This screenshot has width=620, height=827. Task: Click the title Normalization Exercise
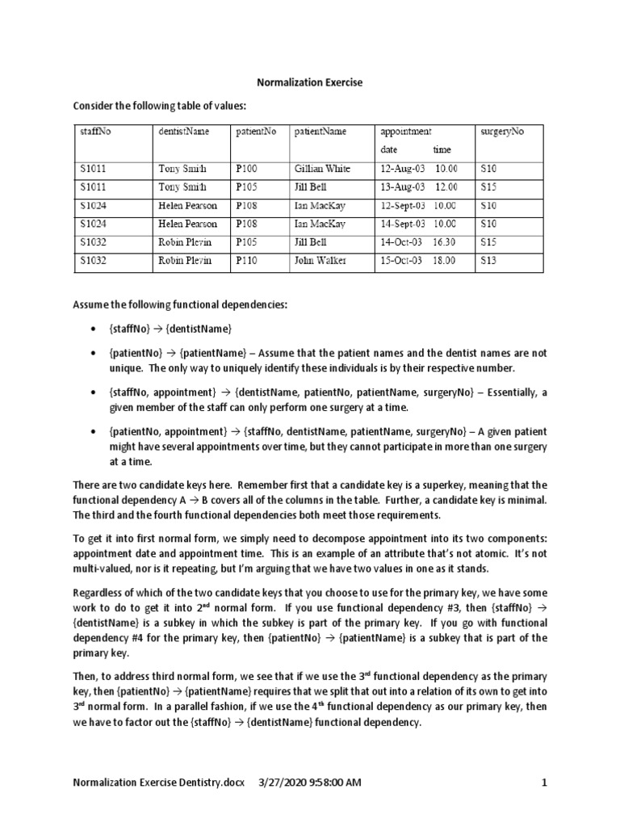tap(309, 82)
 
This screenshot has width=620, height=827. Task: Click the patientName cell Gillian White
tap(322, 169)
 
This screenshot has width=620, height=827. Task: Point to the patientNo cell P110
tap(245, 261)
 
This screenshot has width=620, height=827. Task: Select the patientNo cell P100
tap(245, 169)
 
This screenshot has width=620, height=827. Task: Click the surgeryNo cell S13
tap(488, 261)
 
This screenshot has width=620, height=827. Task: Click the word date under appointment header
tap(389, 149)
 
